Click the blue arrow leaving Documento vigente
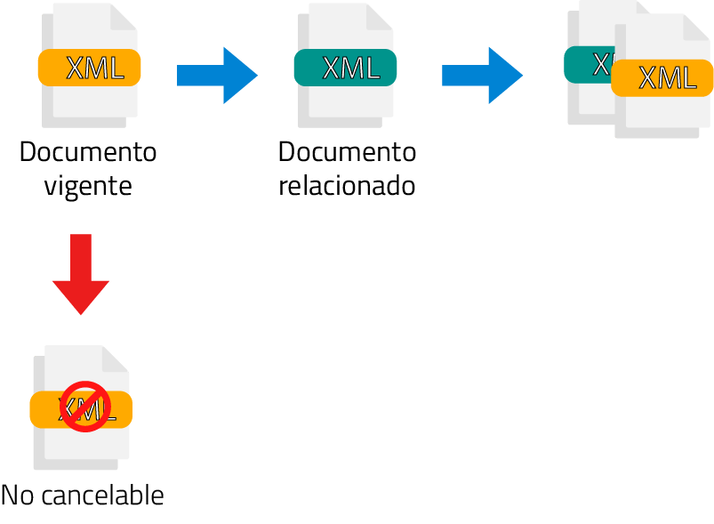click(x=217, y=76)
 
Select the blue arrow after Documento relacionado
click(x=482, y=76)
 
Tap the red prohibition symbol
click(x=85, y=407)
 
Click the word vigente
click(x=88, y=186)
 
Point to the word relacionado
click(x=347, y=186)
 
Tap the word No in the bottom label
click(x=16, y=495)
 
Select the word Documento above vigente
click(x=88, y=152)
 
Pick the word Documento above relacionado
click(x=347, y=152)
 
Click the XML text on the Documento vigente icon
click(x=94, y=68)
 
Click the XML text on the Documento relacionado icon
click(x=350, y=68)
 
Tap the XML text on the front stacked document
click(x=668, y=78)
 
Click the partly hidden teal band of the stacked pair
click(x=587, y=63)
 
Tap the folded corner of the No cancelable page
click(x=116, y=359)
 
